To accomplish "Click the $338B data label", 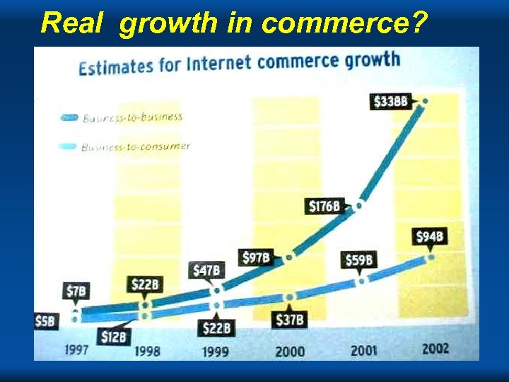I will point(390,101).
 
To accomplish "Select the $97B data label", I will point(257,257).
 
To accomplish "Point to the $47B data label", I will point(207,270).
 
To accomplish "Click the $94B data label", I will point(430,236).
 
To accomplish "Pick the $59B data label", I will point(359,260).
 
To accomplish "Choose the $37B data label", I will point(290,319).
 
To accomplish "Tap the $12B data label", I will point(113,337).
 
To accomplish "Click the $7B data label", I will point(77,291).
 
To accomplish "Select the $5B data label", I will point(45,320).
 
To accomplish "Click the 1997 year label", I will point(76,349).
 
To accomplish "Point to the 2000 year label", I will point(290,351).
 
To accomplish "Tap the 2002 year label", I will point(435,348).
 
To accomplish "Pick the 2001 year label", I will point(364,350).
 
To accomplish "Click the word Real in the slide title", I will point(73,22).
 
